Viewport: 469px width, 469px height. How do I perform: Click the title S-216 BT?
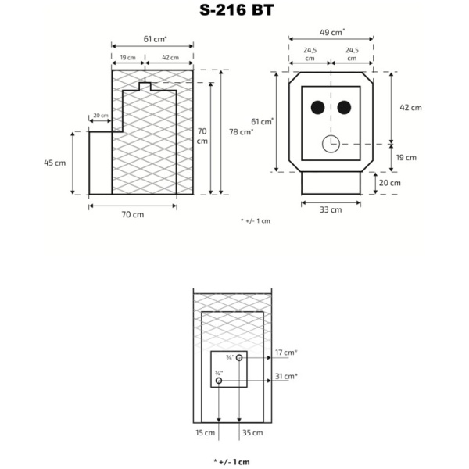[x=234, y=10]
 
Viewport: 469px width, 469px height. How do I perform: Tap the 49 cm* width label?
[x=332, y=32]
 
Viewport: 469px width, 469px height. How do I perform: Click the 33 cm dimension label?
[x=331, y=209]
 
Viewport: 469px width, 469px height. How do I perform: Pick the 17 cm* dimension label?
[x=286, y=353]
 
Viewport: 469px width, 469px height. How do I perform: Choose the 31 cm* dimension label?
[x=286, y=377]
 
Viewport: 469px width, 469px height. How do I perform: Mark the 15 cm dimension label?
[x=205, y=432]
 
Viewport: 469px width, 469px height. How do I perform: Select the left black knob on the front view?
[x=317, y=107]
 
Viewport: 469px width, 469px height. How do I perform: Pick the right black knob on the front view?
[x=344, y=107]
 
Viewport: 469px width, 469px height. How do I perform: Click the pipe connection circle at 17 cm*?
[x=240, y=357]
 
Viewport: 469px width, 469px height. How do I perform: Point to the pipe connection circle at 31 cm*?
[x=219, y=381]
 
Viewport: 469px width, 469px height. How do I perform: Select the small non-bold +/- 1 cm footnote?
[x=256, y=221]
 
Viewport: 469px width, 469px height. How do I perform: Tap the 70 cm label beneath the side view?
[x=132, y=214]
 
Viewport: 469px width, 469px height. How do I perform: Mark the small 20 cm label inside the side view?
[x=101, y=116]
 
